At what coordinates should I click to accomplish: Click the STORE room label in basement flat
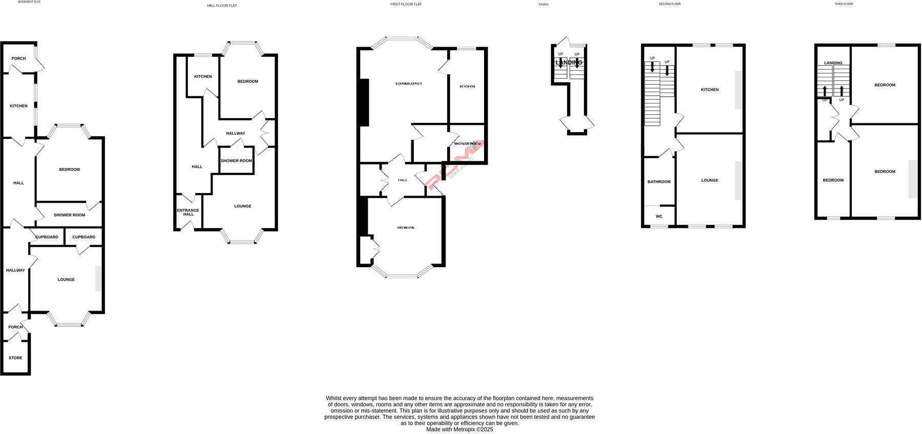pos(15,358)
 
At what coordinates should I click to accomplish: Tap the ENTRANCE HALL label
pos(188,212)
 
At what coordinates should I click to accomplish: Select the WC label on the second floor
pos(659,216)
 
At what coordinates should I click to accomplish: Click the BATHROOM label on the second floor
pos(659,182)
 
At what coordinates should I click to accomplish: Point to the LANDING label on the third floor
pos(833,63)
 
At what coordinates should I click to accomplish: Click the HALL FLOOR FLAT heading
pos(222,6)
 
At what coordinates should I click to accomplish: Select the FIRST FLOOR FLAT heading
pos(406,4)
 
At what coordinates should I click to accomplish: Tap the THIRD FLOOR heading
pos(844,4)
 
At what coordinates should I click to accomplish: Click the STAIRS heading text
pos(543,5)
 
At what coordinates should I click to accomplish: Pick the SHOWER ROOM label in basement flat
pos(69,215)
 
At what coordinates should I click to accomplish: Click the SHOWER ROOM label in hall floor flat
pos(236,161)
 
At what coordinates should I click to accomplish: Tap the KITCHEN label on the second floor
pos(709,90)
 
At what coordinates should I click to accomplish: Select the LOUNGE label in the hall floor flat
pos(242,206)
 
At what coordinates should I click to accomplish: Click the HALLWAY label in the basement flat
pos(15,270)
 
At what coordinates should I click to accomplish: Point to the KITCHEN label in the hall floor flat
pos(203,77)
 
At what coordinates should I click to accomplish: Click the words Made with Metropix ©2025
pos(459,429)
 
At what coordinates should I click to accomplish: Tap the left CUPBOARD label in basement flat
pos(47,237)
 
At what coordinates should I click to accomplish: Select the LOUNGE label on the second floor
pos(709,180)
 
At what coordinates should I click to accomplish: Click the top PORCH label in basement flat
pos(18,58)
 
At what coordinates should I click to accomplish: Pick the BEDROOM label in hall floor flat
pos(247,81)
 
